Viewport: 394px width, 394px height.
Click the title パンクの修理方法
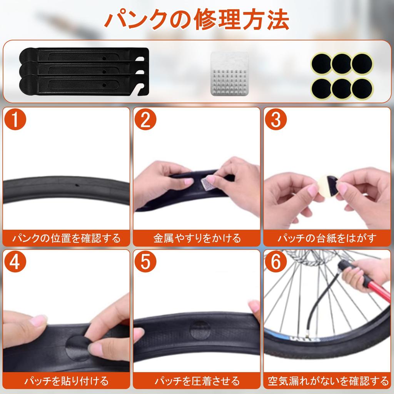[197, 20]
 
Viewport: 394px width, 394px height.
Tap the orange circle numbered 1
[15, 119]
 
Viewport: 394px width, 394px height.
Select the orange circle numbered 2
[145, 119]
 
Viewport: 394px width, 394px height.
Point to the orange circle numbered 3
[276, 119]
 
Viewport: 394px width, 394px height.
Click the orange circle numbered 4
[15, 262]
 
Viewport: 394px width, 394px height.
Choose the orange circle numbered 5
[145, 262]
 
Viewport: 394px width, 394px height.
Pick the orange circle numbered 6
[276, 262]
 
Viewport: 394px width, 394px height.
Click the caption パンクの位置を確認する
[66, 238]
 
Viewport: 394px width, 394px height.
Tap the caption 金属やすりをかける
[197, 238]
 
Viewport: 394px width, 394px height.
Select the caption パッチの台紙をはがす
[327, 238]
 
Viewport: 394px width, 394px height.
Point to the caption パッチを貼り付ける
[66, 381]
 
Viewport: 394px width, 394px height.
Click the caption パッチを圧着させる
[197, 381]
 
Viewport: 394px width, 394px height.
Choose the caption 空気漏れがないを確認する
[328, 381]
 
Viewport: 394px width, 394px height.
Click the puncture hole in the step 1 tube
[77, 186]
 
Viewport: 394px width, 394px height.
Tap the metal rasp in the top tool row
[229, 73]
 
